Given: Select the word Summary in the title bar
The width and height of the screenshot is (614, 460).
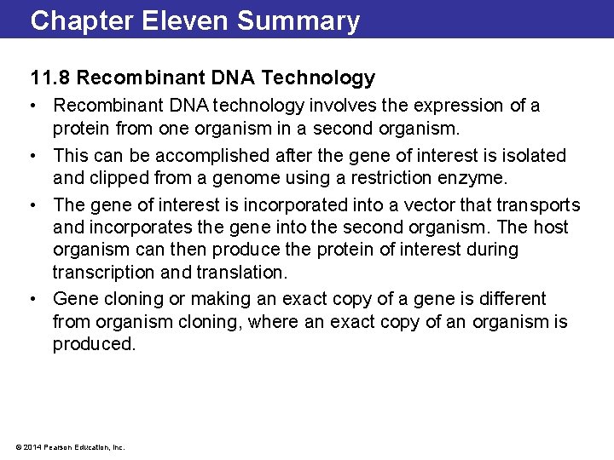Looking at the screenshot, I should click(x=298, y=20).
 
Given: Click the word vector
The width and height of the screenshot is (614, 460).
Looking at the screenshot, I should click(x=455, y=205).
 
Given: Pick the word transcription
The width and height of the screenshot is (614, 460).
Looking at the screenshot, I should click(x=101, y=273).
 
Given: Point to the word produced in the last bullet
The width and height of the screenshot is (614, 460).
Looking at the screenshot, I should click(x=94, y=344).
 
